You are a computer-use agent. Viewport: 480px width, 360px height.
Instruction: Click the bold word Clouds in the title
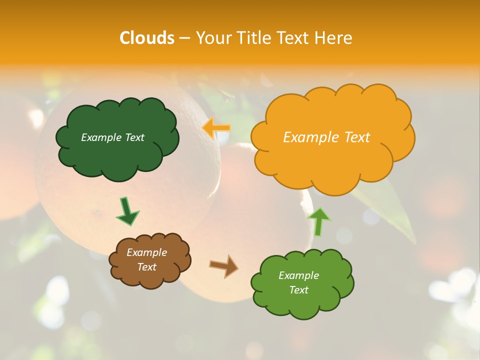click(147, 38)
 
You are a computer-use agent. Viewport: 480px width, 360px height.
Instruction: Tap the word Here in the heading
click(333, 38)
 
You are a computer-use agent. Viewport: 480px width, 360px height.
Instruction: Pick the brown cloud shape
click(150, 277)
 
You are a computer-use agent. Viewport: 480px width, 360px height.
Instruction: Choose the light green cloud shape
click(302, 305)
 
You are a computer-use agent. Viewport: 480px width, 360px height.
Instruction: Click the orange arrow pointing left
click(216, 128)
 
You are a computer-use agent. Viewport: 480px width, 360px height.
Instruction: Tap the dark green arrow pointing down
click(127, 211)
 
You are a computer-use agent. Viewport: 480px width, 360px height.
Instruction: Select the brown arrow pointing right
click(224, 266)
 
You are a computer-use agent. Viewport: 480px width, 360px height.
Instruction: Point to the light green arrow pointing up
click(319, 221)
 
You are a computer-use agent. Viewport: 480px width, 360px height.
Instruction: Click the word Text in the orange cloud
click(357, 137)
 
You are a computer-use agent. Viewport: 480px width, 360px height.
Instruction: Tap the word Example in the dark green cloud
click(101, 137)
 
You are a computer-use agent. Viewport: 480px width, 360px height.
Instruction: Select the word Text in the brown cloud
click(147, 267)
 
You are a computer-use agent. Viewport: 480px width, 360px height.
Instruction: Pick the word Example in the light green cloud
click(298, 275)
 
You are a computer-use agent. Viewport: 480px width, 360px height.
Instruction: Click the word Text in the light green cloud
click(298, 290)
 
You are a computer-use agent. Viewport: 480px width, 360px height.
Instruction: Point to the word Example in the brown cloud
click(146, 252)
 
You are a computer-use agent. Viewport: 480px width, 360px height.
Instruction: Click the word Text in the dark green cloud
click(134, 137)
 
